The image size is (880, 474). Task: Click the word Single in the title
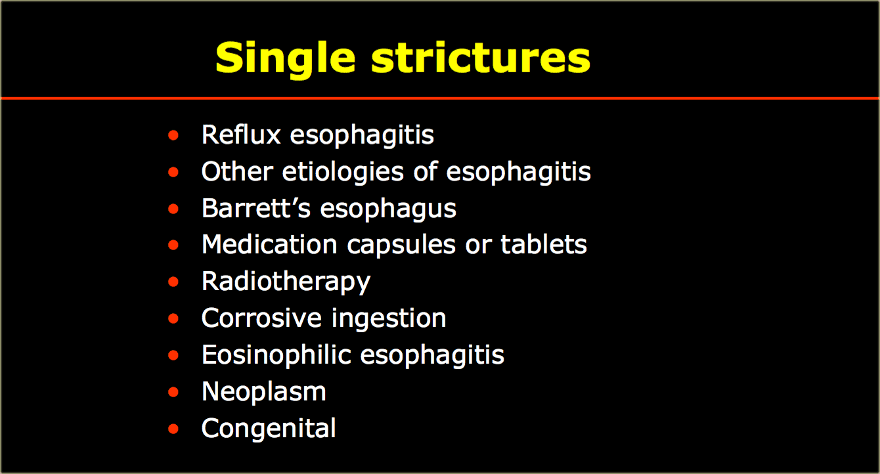(286, 60)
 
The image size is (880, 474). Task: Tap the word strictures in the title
(481, 57)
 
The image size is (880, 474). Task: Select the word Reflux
(241, 135)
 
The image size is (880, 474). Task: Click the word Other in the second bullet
(237, 171)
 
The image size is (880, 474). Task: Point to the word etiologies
(343, 173)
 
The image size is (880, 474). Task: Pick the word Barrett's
(256, 208)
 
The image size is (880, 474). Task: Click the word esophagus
(388, 209)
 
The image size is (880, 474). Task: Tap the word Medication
(269, 245)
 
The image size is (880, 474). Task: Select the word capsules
(401, 246)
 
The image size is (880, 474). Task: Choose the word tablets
(544, 245)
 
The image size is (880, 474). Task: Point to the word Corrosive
(261, 318)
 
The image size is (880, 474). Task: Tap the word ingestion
(389, 319)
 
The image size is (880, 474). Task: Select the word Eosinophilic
(276, 355)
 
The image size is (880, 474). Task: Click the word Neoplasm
(264, 393)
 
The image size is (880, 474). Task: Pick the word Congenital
(269, 429)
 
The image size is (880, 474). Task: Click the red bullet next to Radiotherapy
(173, 282)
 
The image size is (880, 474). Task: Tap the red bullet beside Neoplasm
(173, 392)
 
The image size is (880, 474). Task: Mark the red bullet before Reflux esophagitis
(173, 135)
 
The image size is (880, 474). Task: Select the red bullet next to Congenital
(173, 429)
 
